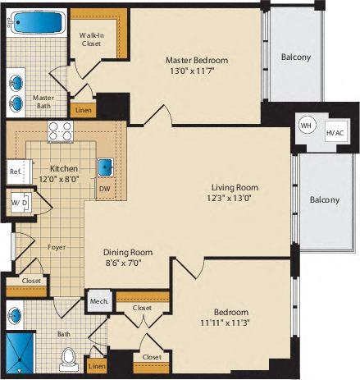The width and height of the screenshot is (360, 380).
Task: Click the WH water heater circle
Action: (306, 125)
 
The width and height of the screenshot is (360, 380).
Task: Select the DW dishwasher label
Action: (103, 189)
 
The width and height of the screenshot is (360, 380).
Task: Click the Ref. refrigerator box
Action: (16, 172)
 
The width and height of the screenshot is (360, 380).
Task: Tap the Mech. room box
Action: (98, 301)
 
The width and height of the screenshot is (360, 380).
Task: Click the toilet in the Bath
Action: (69, 359)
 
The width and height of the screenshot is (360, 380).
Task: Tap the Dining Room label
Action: (130, 253)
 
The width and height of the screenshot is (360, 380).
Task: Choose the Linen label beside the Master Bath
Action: (84, 108)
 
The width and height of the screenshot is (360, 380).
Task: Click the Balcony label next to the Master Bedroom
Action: (296, 57)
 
